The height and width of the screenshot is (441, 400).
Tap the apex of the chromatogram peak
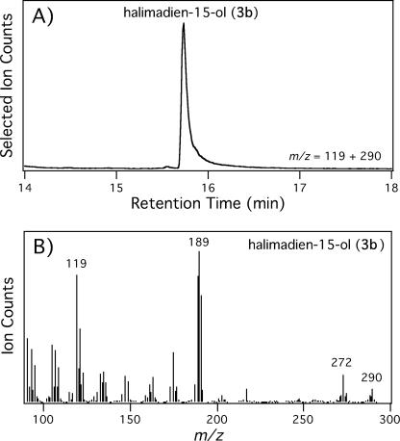pos(183,26)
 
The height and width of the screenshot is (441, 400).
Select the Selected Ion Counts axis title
pos(9,91)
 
